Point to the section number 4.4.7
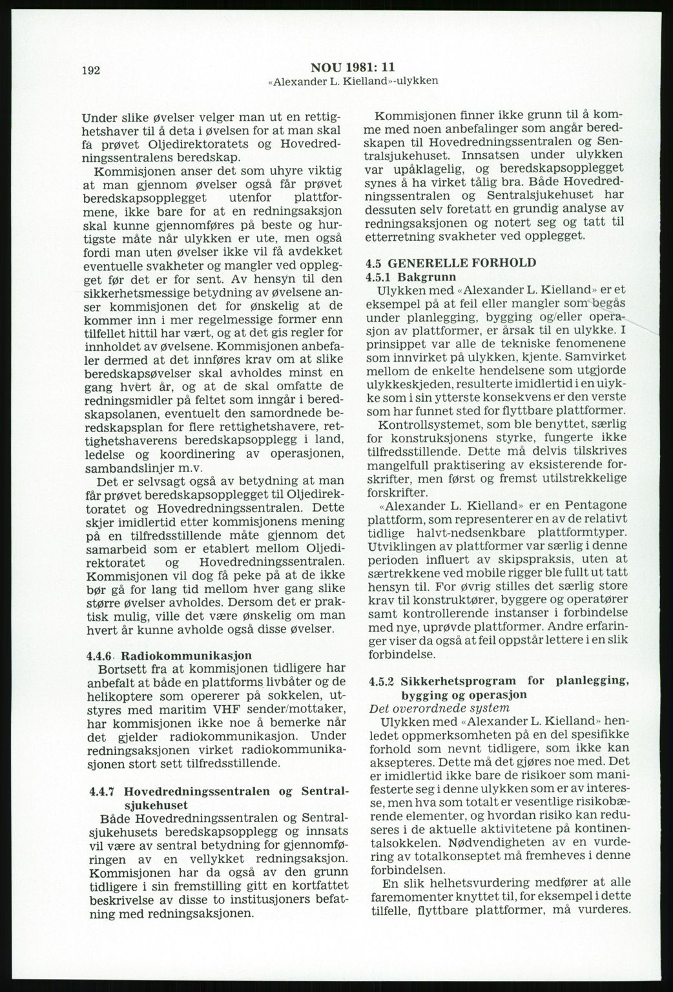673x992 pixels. (101, 792)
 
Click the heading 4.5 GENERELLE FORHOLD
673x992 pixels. (450, 263)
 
